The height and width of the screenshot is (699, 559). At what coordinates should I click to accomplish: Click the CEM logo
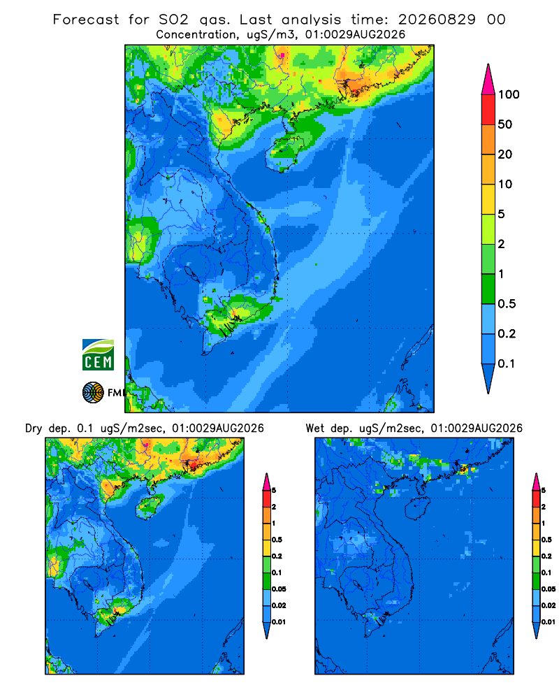98,354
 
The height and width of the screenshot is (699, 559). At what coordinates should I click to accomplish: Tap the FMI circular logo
93,393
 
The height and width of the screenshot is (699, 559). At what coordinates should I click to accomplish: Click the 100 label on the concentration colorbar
509,94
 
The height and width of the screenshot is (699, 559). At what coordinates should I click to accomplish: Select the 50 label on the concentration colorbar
505,124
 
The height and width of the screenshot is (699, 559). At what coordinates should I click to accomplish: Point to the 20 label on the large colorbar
505,154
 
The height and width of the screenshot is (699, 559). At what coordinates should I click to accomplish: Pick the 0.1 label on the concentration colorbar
507,363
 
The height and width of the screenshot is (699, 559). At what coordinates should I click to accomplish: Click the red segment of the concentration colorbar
488,110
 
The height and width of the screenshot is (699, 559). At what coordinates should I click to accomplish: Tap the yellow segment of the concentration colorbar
488,199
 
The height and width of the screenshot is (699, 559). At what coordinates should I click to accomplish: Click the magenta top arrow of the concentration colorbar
488,80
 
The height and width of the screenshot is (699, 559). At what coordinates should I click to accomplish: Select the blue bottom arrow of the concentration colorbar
488,378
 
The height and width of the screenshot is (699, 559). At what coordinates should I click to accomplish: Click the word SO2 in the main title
173,20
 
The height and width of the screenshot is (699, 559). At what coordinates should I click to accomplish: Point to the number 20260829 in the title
437,20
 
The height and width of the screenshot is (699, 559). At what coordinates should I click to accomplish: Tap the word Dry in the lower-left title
34,428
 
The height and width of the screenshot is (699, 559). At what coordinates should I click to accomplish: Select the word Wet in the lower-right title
314,428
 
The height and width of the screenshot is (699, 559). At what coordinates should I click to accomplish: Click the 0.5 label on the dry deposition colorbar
277,540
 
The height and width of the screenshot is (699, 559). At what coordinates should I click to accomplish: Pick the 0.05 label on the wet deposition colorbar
549,589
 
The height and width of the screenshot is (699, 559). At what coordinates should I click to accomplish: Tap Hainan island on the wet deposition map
418,508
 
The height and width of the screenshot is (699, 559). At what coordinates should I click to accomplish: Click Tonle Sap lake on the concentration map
191,272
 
